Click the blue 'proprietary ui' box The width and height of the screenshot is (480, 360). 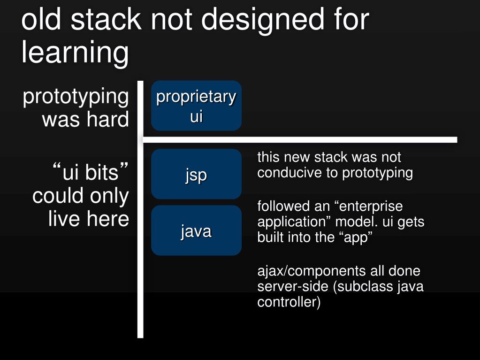(196, 106)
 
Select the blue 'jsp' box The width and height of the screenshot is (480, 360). (196, 174)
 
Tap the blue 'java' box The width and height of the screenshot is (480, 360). (196, 230)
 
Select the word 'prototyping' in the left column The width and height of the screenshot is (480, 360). (76, 97)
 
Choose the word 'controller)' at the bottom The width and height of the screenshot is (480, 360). (289, 302)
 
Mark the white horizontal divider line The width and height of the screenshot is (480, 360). (300, 139)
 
